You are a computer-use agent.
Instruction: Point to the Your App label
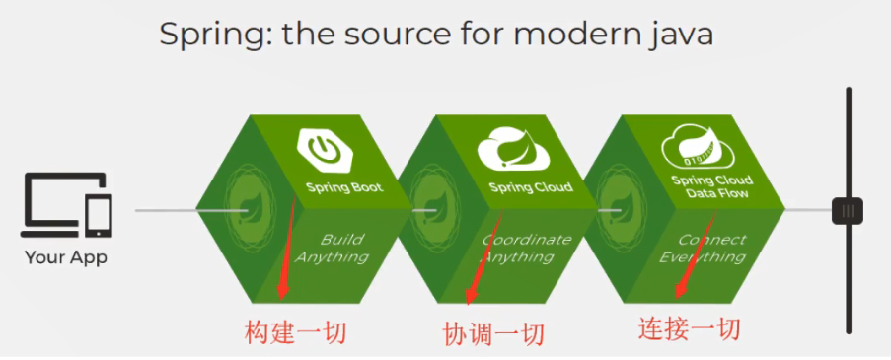[66, 258]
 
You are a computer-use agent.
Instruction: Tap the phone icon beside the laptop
[100, 216]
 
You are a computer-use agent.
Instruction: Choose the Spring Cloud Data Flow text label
[711, 186]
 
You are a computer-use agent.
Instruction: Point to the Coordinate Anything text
[524, 248]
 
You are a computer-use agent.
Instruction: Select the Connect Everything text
[708, 248]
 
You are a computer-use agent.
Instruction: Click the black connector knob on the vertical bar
[847, 210]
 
